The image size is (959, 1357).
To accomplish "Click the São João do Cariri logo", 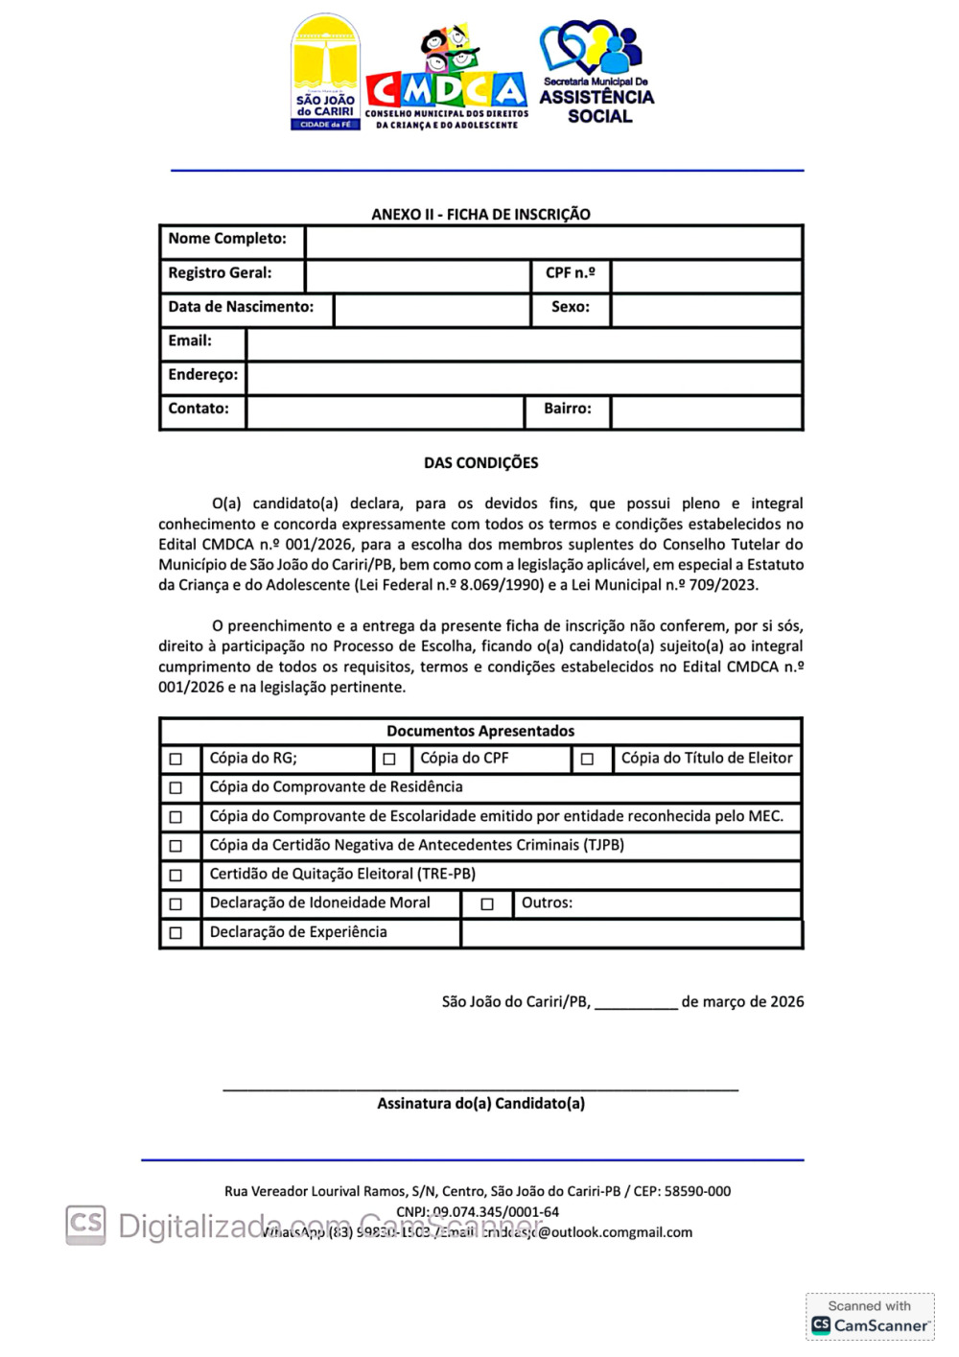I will pos(325,72).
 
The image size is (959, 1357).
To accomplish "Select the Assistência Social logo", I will pos(596,73).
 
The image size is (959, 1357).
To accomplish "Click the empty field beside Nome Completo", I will pos(553,242).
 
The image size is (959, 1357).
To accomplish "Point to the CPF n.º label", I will pos(571,273).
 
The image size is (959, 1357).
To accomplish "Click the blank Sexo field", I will pos(706,309).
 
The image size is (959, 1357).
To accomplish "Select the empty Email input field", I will pos(524,343).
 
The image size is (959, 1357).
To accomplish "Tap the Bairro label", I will pos(568,409).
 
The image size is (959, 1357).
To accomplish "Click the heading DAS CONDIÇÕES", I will pos(480,463).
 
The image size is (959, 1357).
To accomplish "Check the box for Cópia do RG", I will pos(175,759).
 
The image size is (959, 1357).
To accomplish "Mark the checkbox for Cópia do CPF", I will pos(389,759).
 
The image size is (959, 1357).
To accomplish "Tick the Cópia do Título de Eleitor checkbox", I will pos(587,759).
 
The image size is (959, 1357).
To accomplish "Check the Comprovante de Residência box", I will pos(175,788).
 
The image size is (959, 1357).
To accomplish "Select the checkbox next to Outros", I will pos(487,903).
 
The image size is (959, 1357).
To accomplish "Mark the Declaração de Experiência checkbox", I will pos(175,932).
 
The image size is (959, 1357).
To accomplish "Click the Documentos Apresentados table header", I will pos(480,731).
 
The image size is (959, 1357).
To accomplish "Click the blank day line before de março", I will pos(636,1003).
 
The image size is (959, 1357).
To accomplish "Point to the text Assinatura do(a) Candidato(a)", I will pos(480,1104).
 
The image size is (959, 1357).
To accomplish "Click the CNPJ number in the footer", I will pos(495,1212).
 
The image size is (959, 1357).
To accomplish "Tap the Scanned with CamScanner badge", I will pos(870,1317).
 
